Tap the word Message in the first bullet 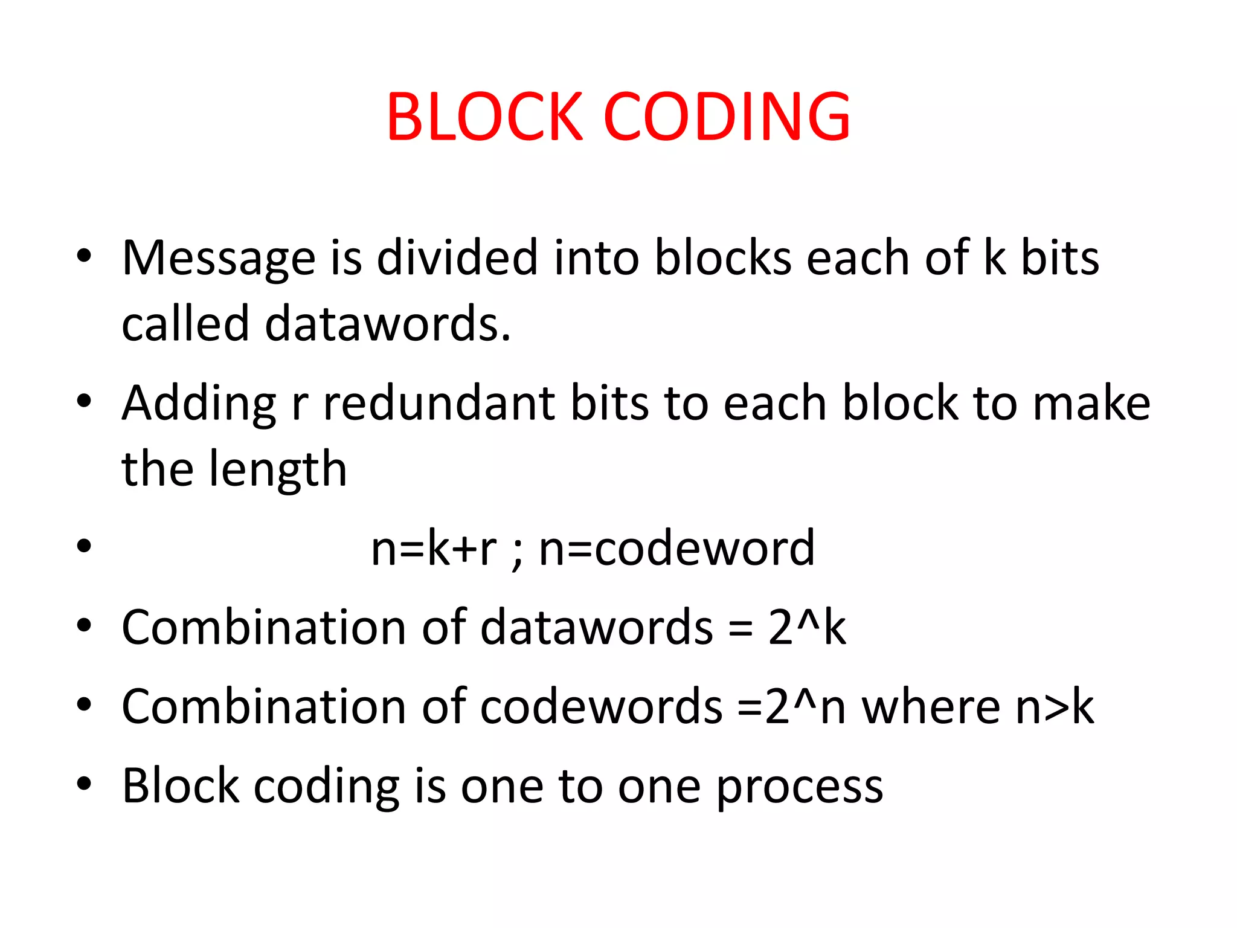218,259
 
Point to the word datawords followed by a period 388,324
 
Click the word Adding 199,404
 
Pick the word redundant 439,403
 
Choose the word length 278,469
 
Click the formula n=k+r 434,549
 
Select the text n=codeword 676,549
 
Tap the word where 931,707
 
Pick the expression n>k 1055,707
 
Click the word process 800,787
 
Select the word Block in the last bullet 180,786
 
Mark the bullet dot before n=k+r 84,546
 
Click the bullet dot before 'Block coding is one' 84,784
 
